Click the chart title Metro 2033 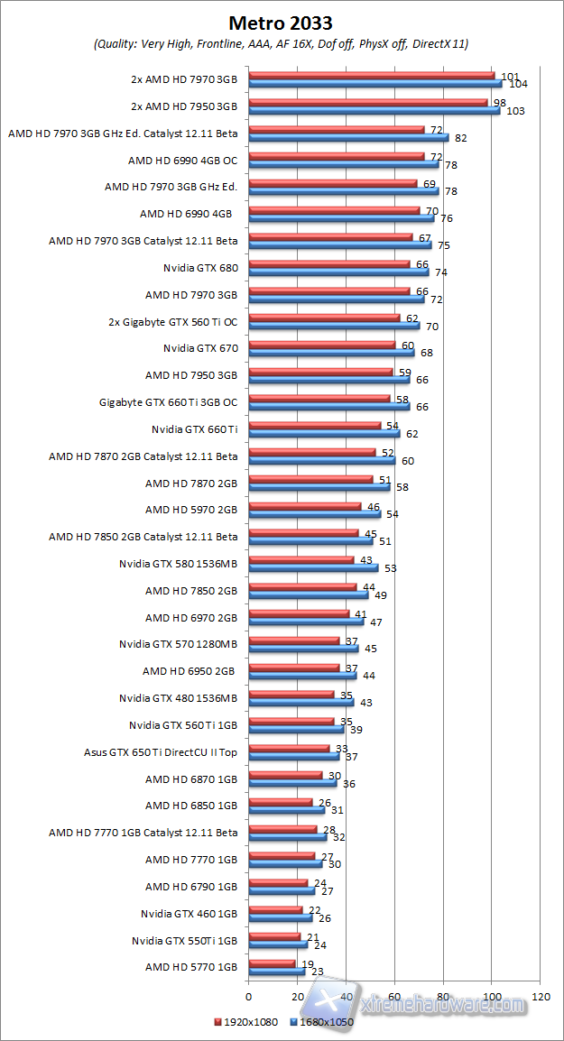(x=282, y=22)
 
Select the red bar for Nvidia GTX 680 (x=329, y=264)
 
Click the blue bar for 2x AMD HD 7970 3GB (x=374, y=84)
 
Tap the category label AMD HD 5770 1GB (x=191, y=966)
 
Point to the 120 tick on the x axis (x=541, y=997)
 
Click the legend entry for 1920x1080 (x=246, y=1022)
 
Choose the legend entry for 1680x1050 (x=323, y=1022)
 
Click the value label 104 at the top (x=518, y=84)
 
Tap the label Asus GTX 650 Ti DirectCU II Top (x=161, y=751)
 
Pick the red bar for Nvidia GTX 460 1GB (x=275, y=910)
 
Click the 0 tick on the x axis (x=248, y=997)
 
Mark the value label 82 (x=461, y=138)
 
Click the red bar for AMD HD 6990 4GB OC (x=336, y=157)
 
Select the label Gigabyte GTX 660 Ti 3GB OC (x=168, y=402)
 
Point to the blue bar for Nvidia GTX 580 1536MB (x=313, y=568)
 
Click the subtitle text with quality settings (x=282, y=43)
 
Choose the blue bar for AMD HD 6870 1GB (x=292, y=783)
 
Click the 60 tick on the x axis (x=394, y=997)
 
